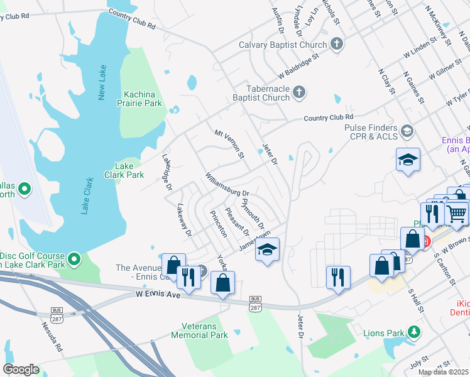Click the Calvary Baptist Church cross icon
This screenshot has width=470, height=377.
337,45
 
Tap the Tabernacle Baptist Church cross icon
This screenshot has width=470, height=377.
298,93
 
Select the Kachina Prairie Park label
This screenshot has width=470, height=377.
139,99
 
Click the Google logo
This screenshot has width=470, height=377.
21,369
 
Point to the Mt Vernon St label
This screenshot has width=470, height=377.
229,144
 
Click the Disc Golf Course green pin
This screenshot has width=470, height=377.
74,258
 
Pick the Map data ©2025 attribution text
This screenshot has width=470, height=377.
444,372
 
